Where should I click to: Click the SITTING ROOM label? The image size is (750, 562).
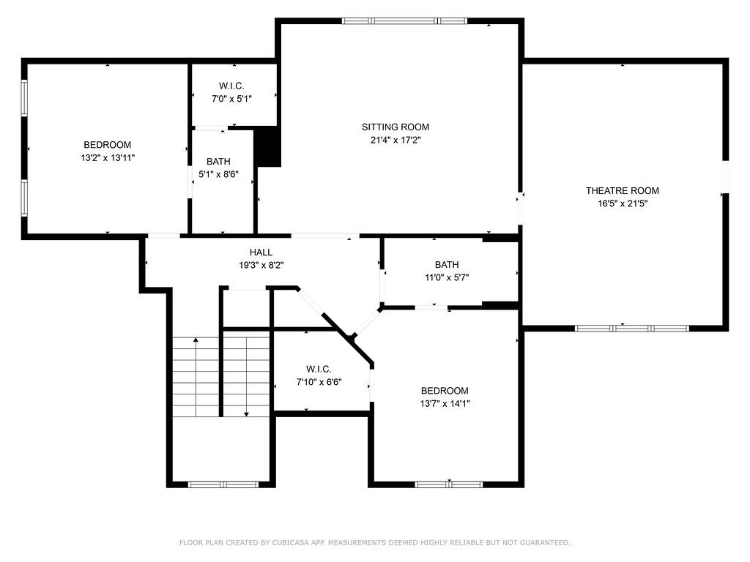[x=396, y=127]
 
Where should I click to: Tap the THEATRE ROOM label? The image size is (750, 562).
[x=622, y=191]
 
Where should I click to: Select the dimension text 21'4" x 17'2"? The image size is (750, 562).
[x=396, y=140]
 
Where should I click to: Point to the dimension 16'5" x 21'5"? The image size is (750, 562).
[x=622, y=203]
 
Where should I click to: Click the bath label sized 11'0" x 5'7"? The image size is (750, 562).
[x=446, y=265]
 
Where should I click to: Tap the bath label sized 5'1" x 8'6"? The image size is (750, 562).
[x=218, y=162]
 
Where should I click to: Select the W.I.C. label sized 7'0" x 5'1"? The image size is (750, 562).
[x=231, y=86]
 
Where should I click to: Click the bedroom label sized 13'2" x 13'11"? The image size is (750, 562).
[x=108, y=145]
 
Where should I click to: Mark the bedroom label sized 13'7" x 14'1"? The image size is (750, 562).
[x=445, y=391]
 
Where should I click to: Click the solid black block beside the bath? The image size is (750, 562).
[x=267, y=146]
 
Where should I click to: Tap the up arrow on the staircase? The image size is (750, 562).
[x=196, y=340]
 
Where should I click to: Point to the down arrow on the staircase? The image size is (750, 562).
[x=247, y=413]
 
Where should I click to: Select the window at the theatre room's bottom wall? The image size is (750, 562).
[x=631, y=328]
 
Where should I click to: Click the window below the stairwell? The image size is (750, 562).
[x=223, y=484]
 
